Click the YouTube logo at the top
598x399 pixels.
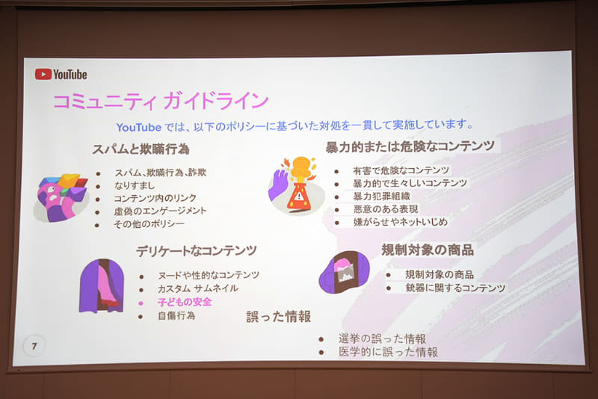click(x=61, y=74)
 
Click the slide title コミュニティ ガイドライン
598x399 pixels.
click(x=160, y=101)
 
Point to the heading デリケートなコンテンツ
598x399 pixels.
click(x=197, y=251)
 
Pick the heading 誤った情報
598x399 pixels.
click(x=279, y=316)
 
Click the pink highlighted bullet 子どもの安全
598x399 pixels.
click(x=184, y=302)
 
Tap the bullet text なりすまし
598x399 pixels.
click(x=135, y=185)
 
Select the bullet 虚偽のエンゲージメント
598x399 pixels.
click(x=160, y=211)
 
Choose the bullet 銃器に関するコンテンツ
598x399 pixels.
click(x=455, y=288)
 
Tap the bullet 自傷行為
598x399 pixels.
click(x=176, y=316)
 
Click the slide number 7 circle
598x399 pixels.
click(x=34, y=345)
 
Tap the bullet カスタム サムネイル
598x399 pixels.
click(x=197, y=288)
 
